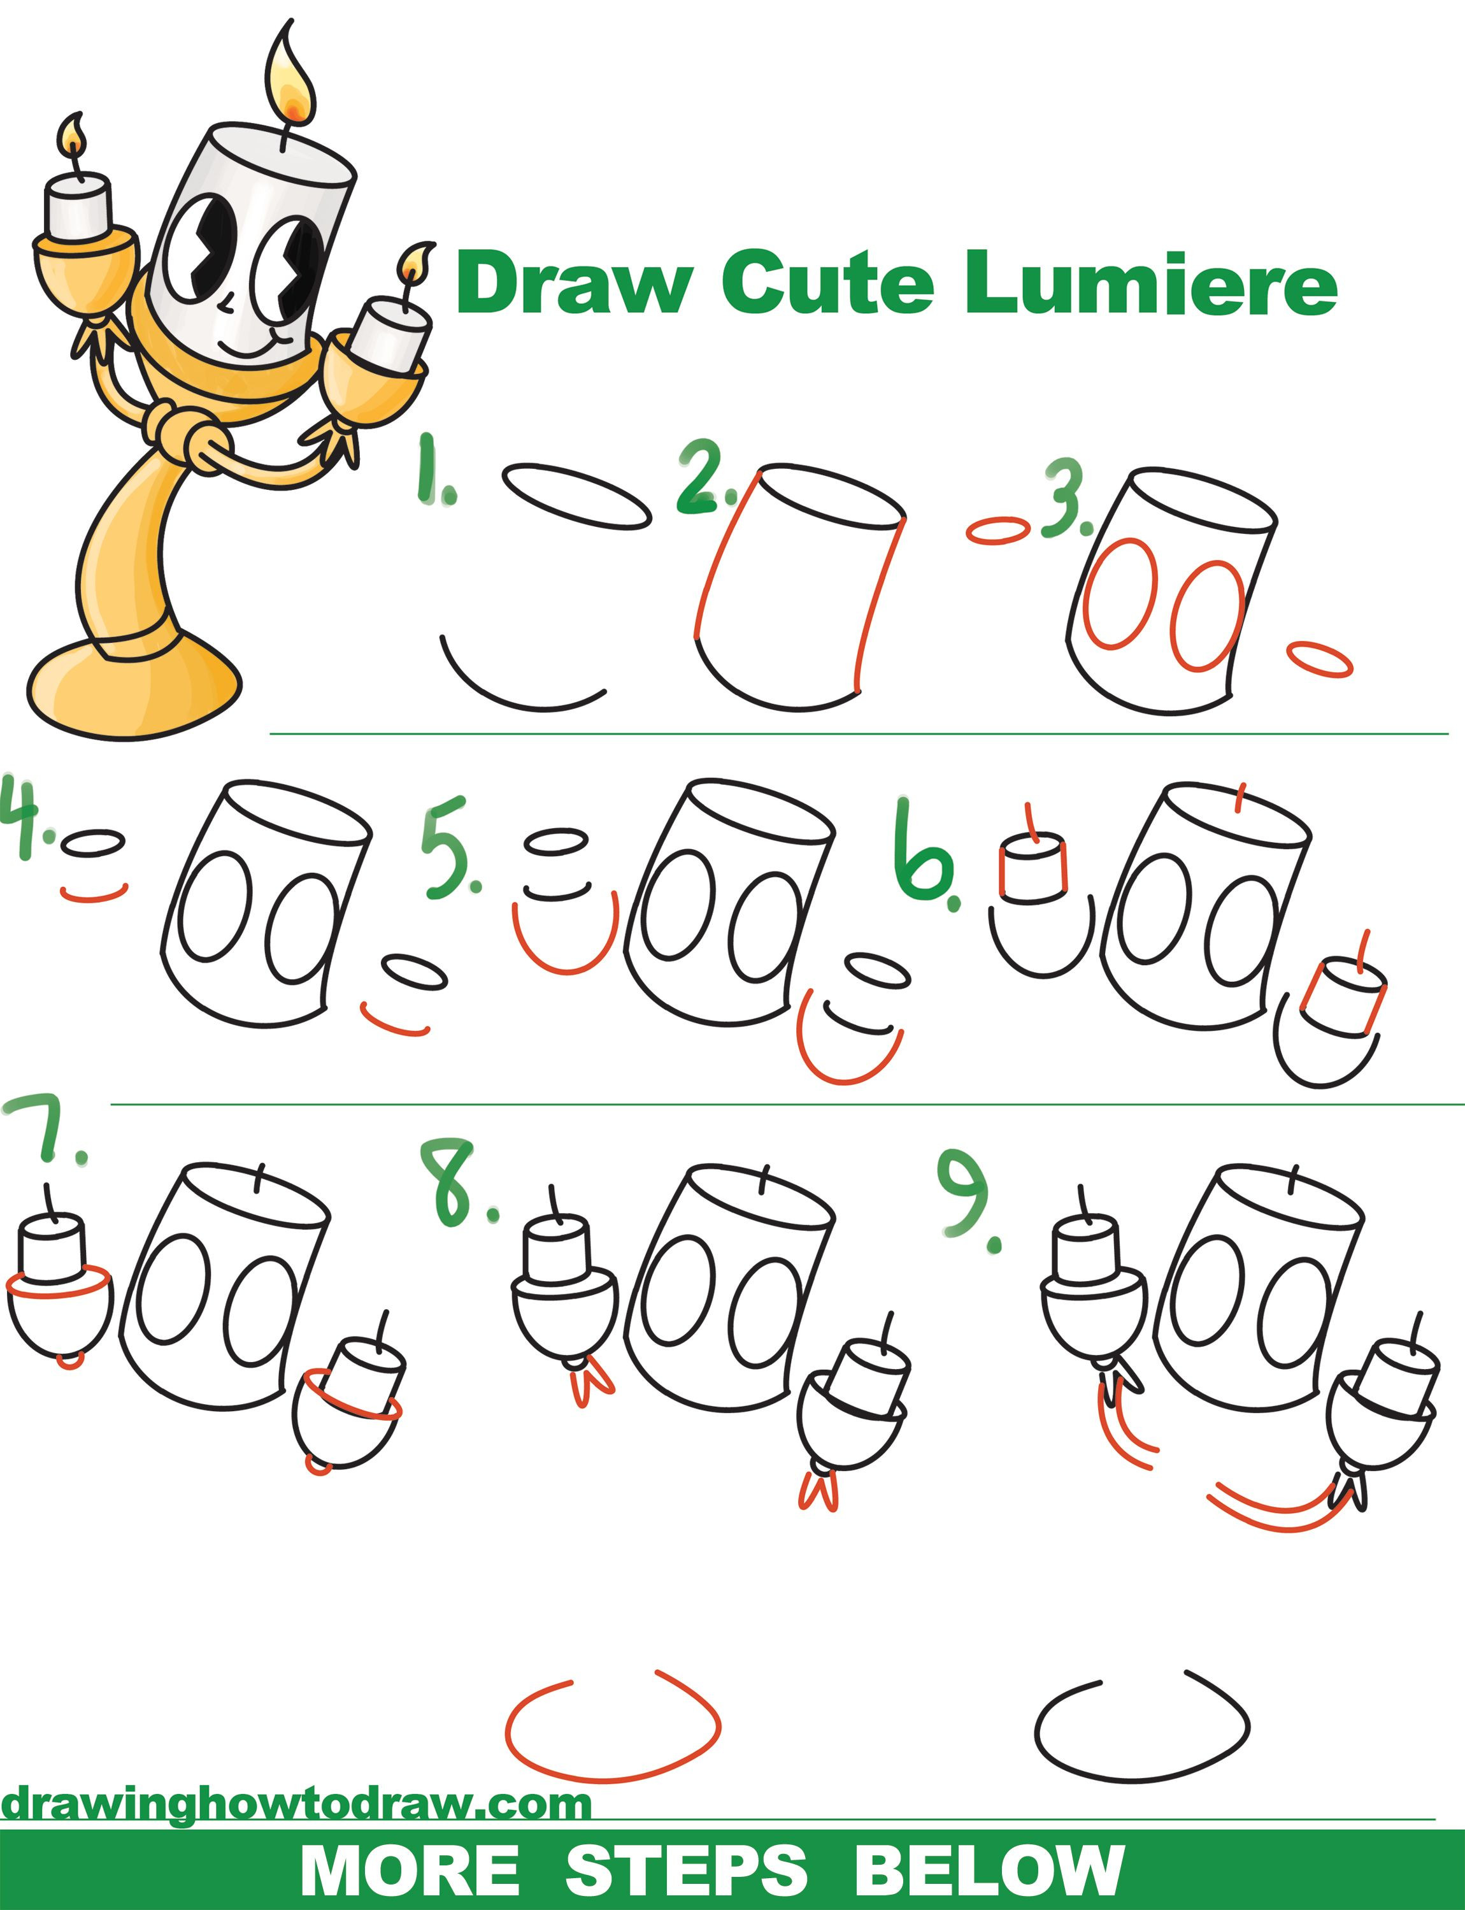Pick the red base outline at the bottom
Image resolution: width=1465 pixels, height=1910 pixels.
(x=610, y=1731)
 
